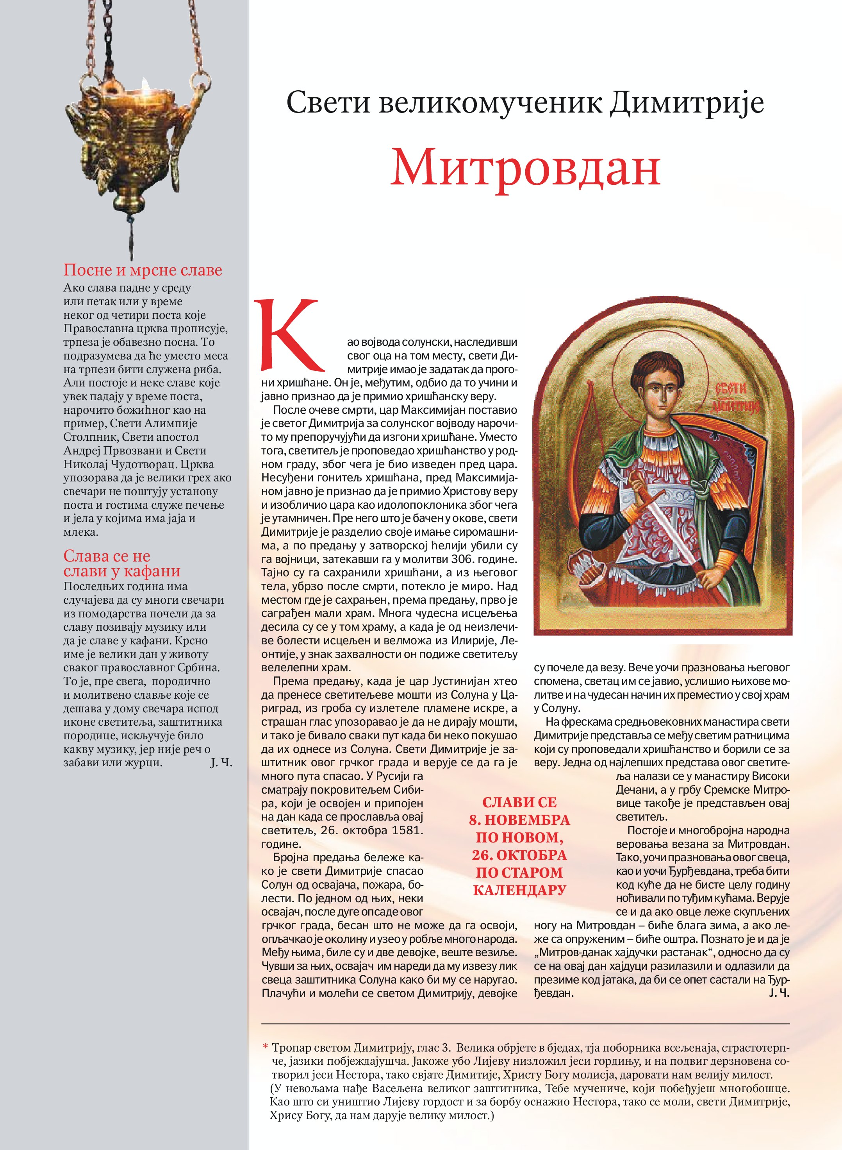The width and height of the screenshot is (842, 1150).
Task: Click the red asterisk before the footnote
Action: point(266,1048)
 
